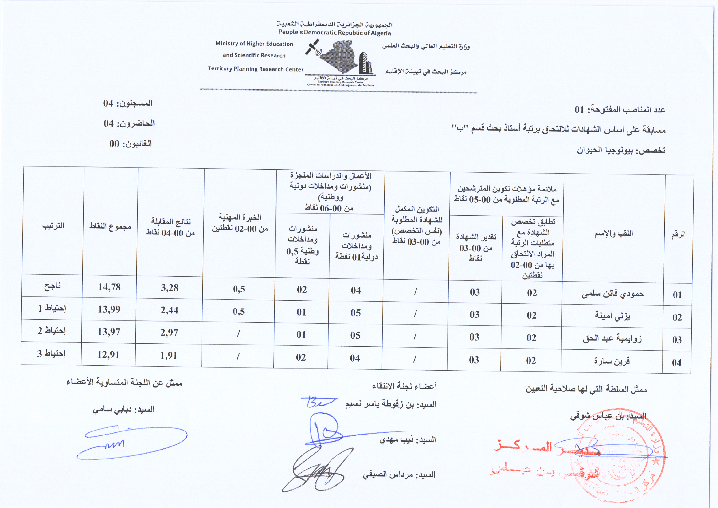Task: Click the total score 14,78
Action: pos(109,287)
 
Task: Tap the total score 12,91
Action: pos(108,355)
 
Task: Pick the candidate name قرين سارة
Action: pos(612,361)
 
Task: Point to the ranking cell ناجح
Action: pos(52,286)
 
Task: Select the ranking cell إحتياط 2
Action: pos(52,331)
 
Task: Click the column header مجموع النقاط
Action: pos(110,226)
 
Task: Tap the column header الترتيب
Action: pos(53,225)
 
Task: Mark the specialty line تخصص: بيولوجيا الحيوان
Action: pos(621,150)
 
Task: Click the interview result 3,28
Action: pos(169,288)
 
